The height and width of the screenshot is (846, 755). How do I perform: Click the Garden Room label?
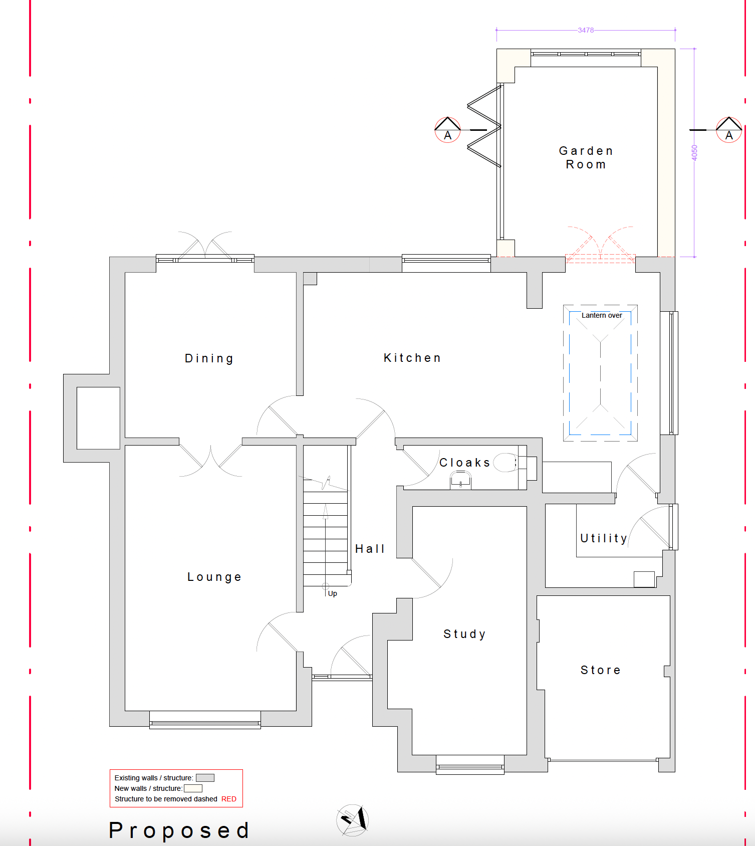[x=586, y=157]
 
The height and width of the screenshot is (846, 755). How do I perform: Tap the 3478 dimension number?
[x=586, y=30]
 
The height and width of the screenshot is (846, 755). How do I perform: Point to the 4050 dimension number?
[x=694, y=153]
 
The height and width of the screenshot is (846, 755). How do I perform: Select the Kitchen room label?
[x=412, y=358]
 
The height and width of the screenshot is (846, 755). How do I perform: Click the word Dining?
[x=209, y=358]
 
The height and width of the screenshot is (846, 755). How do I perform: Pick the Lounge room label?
[x=214, y=577]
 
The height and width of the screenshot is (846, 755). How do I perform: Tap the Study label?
[x=464, y=634]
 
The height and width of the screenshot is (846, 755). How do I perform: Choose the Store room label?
[x=601, y=670]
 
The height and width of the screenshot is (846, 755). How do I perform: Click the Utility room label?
[x=604, y=538]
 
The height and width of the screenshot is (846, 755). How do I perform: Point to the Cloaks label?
[x=464, y=463]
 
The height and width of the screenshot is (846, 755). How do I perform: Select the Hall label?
[x=370, y=549]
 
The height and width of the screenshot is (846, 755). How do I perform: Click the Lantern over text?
[x=602, y=315]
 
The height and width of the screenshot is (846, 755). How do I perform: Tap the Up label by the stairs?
[x=333, y=593]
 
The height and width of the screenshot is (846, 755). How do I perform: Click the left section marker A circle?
[x=447, y=130]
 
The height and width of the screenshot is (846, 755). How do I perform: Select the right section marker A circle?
[x=729, y=130]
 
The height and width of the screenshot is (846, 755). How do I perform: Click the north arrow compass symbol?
[x=353, y=820]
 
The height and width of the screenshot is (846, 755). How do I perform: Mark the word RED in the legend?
[x=229, y=799]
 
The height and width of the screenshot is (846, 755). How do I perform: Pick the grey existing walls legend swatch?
[x=205, y=778]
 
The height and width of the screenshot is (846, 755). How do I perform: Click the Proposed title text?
[x=179, y=830]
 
